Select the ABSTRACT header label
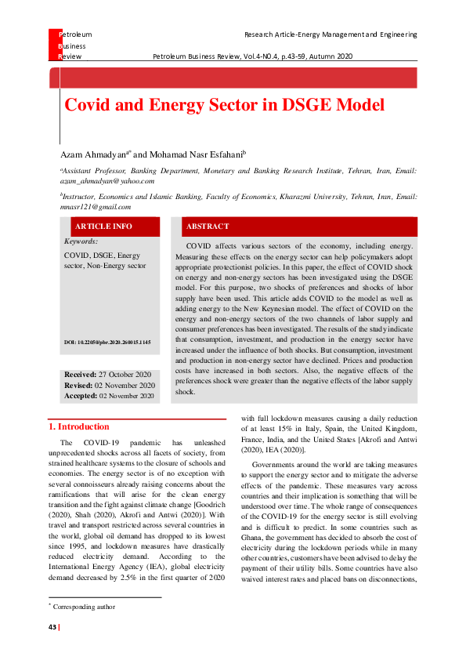pos(207,227)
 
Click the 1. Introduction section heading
pos(79,426)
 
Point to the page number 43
pos(53,626)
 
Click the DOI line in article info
pos(108,343)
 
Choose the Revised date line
pos(110,386)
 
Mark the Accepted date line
pos(110,396)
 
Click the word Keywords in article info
pos(81,242)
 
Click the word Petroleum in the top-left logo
pos(75,34)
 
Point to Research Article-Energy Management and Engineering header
pos(331,34)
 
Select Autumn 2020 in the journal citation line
pos(335,57)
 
